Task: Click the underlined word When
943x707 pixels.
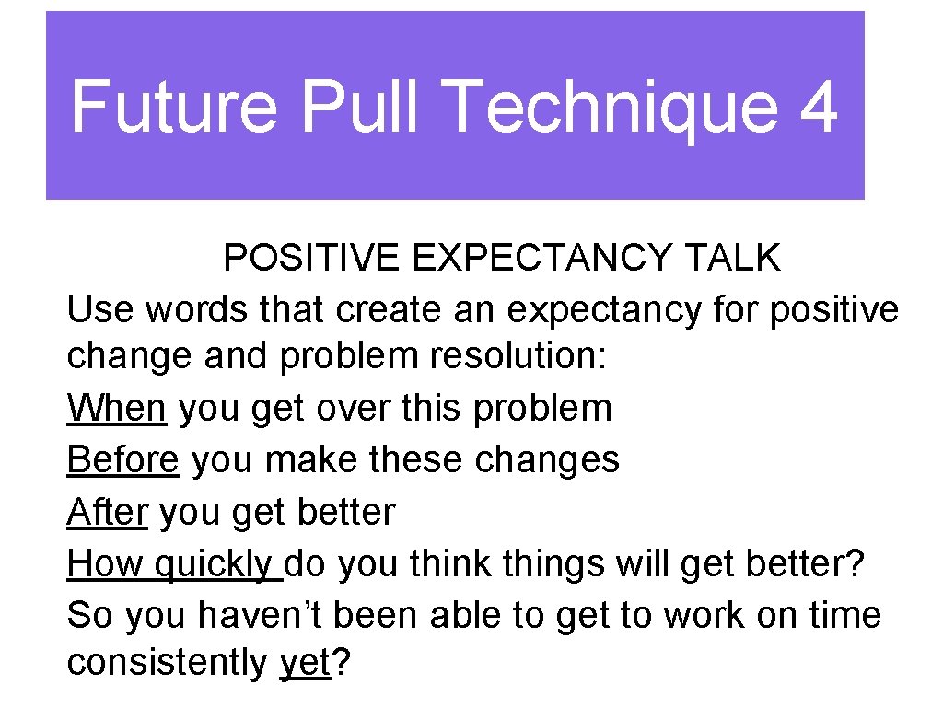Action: [116, 408]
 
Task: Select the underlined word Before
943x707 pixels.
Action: [122, 459]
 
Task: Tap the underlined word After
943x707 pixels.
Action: [107, 512]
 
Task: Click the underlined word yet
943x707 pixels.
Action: [304, 664]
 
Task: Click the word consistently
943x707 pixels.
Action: [166, 664]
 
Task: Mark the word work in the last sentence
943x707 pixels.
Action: [661, 615]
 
